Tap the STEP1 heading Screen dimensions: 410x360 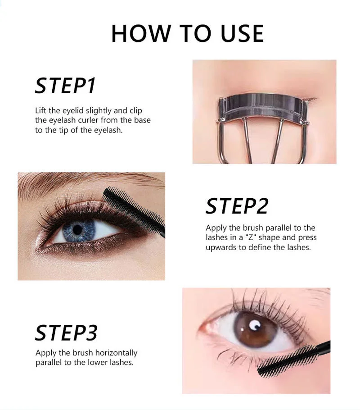pyautogui.click(x=66, y=86)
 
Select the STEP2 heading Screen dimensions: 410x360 pyautogui.click(x=237, y=206)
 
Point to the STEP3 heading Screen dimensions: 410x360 pyautogui.click(x=66, y=333)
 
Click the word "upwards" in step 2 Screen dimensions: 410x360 pyautogui.click(x=220, y=247)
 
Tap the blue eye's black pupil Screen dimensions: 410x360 pyautogui.click(x=77, y=230)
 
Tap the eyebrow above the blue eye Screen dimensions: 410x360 pyautogui.click(x=81, y=180)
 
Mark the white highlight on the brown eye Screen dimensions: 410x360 pyautogui.click(x=255, y=323)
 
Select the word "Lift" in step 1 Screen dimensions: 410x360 pyautogui.click(x=42, y=111)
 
